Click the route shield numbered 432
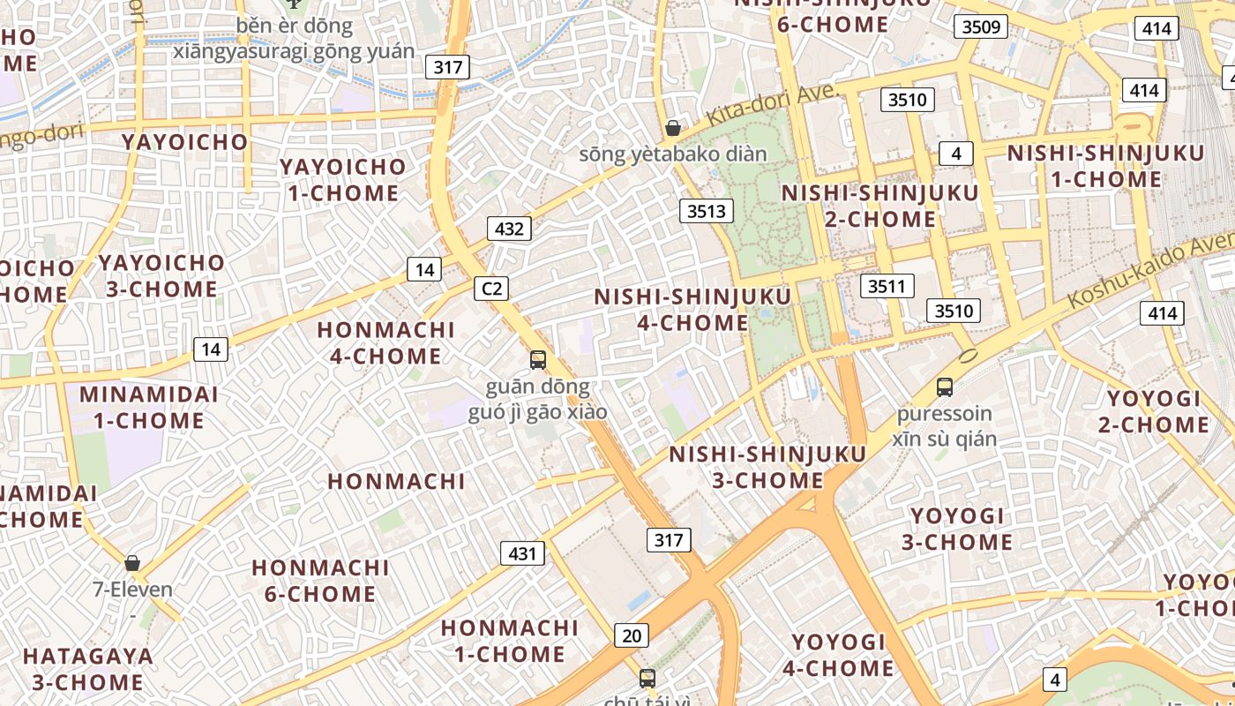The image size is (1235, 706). click(509, 229)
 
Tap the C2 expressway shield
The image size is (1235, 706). click(491, 288)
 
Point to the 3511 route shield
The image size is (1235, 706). click(887, 286)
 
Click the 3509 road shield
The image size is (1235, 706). click(981, 26)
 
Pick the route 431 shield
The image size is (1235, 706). click(522, 553)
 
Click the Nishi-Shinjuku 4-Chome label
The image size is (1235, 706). click(681, 310)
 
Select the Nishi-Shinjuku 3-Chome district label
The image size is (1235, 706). click(767, 467)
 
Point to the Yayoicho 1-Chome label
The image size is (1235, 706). click(343, 179)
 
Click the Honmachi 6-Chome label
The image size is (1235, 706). click(321, 580)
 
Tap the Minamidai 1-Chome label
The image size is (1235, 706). click(149, 407)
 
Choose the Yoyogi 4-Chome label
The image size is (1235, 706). click(838, 655)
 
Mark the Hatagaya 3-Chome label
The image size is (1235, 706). click(88, 669)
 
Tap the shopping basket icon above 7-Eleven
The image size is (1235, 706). click(132, 563)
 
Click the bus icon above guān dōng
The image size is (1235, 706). click(538, 359)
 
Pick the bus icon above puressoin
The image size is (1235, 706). click(945, 387)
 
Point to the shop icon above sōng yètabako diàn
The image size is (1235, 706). click(673, 128)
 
